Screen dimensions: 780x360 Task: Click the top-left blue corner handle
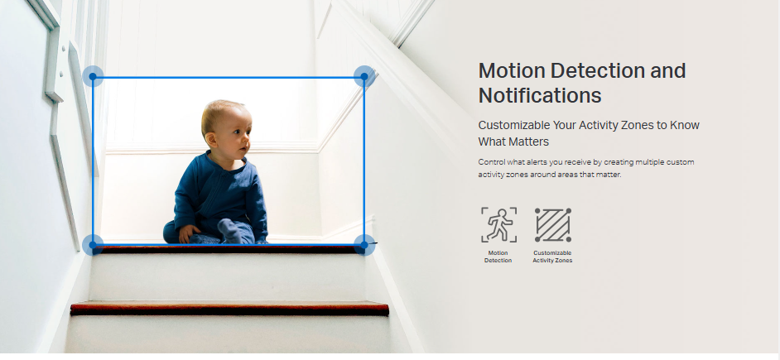93,77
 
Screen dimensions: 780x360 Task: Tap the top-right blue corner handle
364,77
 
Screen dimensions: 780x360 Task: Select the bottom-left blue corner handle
93,245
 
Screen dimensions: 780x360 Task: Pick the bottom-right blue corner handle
364,245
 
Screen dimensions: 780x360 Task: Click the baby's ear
211,139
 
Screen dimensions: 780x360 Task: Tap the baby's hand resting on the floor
188,233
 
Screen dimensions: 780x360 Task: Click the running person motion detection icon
498,225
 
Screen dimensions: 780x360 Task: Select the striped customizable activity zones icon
552,225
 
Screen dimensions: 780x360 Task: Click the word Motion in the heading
512,71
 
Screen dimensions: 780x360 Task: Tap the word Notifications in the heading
540,95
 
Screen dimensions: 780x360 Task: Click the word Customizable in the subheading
510,125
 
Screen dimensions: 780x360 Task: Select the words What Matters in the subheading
513,142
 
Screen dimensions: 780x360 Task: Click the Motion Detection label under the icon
498,257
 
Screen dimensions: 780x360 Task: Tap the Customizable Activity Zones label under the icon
552,257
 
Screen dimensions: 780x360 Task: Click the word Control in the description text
490,162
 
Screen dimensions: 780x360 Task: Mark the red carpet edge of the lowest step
229,309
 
